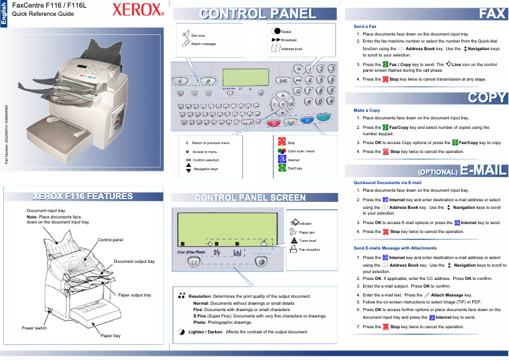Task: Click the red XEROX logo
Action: tap(138, 12)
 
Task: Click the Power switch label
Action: tap(34, 328)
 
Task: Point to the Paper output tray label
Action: tap(135, 295)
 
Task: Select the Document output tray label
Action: tap(134, 262)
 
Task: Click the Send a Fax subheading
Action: tap(365, 26)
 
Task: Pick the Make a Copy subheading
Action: tap(367, 110)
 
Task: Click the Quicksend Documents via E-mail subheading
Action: tap(387, 183)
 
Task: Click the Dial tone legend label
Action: tap(198, 36)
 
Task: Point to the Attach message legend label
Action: tap(203, 44)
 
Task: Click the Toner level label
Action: tap(308, 241)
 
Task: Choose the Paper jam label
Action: tap(307, 233)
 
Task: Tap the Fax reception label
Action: tap(310, 250)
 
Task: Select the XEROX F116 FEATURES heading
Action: tap(86, 196)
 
